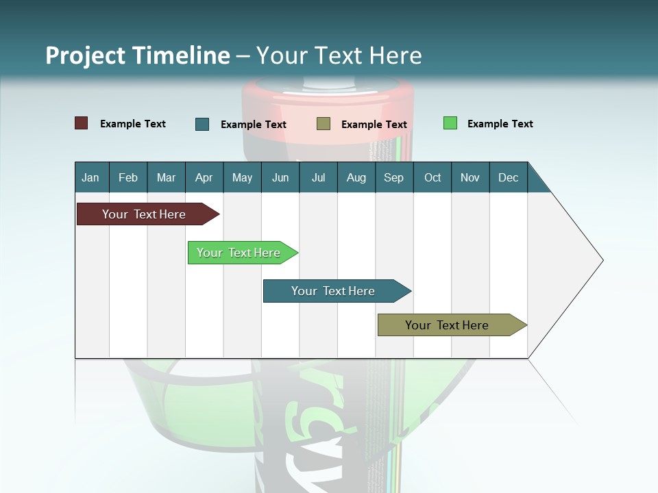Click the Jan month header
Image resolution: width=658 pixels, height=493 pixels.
[x=90, y=177]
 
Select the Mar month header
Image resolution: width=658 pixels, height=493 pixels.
[x=166, y=177]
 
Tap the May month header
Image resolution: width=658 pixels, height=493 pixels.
[x=242, y=177]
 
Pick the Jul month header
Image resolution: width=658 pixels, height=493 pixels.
[x=318, y=177]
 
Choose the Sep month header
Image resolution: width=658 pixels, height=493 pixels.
[x=393, y=177]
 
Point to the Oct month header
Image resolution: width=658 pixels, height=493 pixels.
[x=432, y=177]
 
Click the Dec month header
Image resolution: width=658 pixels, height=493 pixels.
[x=508, y=177]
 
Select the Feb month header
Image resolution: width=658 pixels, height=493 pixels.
[x=128, y=177]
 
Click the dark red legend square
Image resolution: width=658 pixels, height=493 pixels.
[x=82, y=123]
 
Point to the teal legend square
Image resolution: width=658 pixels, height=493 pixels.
[x=202, y=124]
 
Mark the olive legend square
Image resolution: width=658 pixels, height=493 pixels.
[x=324, y=123]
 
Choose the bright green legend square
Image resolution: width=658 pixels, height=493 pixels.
[x=450, y=123]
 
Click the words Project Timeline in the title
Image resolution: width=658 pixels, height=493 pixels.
[x=137, y=55]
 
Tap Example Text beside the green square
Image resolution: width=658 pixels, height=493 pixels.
[x=500, y=124]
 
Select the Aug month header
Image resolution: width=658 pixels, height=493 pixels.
[x=356, y=177]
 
